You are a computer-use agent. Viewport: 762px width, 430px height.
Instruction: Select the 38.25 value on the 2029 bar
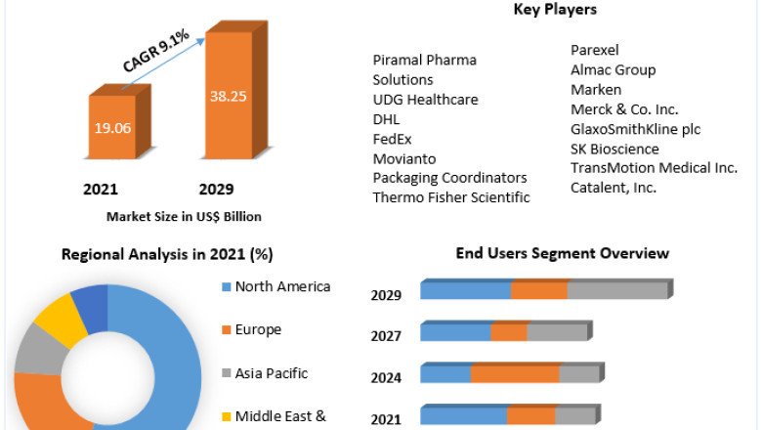pos(229,96)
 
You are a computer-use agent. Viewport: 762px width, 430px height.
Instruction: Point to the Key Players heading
pos(555,9)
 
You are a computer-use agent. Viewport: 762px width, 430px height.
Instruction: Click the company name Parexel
pos(594,50)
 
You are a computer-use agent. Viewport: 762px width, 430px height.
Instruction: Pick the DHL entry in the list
pos(386,119)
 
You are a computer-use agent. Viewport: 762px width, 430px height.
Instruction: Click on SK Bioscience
pos(614,149)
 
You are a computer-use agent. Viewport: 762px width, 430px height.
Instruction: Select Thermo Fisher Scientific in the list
pos(451,197)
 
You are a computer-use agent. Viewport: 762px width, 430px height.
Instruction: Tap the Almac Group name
pos(613,69)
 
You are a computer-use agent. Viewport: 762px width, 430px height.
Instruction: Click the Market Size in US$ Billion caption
pos(184,216)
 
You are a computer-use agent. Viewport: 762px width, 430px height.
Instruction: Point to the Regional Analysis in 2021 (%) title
pos(167,254)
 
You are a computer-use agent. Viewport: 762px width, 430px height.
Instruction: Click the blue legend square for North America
pos(227,287)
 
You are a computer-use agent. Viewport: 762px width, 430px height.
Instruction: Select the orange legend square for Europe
pos(227,330)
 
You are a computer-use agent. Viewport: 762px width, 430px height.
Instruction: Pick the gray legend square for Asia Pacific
pos(227,373)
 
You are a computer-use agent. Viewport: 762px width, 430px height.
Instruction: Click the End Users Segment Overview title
pos(562,253)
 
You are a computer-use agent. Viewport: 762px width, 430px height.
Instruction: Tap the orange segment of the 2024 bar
pos(515,373)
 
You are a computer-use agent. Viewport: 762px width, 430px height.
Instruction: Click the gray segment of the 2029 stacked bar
pos(617,290)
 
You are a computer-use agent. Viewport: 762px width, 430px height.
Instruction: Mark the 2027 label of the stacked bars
pos(387,336)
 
